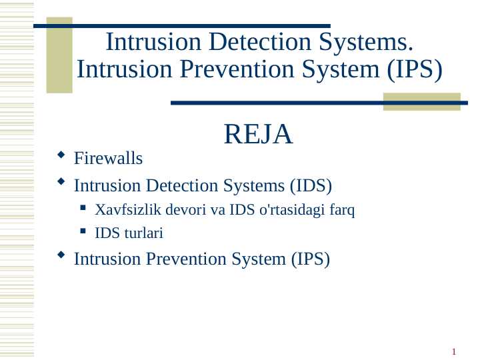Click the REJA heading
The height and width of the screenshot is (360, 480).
pos(259,135)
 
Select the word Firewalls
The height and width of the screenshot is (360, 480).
pos(108,159)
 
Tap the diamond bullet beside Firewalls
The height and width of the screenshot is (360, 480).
pos(61,156)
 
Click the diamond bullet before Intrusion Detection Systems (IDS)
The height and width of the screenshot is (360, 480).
pos(61,181)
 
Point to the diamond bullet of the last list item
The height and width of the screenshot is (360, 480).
pos(61,255)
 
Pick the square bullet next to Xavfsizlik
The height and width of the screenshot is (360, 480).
pos(83,208)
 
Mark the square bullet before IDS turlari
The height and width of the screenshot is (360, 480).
pos(83,231)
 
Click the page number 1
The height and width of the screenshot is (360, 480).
pos(453,352)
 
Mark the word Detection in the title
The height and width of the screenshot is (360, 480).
pos(243,42)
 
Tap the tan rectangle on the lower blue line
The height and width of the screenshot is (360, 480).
pos(421,101)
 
